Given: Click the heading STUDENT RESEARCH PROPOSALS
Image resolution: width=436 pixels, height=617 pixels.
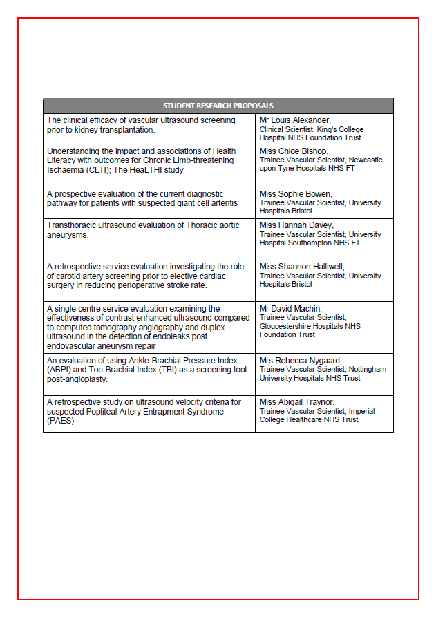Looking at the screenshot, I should coord(218,106).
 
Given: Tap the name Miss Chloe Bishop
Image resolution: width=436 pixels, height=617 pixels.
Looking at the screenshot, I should coord(290,151).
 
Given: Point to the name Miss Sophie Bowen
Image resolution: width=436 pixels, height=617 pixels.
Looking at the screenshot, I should coord(291,194).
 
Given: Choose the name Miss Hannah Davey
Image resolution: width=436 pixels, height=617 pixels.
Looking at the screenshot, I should coord(290,225).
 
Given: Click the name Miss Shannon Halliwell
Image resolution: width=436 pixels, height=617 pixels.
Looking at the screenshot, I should coord(296,267).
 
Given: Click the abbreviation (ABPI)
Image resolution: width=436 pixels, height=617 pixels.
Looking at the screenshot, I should coord(58,370).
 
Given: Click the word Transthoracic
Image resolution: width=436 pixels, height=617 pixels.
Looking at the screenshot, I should coord(71,225).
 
